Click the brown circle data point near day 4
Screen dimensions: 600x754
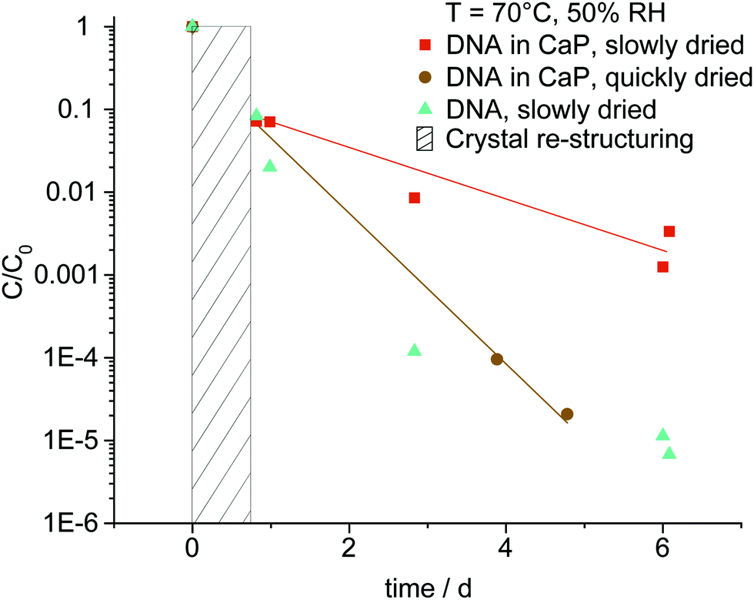[497, 359]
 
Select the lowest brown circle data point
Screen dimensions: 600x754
[567, 414]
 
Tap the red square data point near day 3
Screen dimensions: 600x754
[415, 198]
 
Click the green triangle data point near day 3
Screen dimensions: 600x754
[415, 350]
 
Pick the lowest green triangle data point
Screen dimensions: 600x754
[669, 453]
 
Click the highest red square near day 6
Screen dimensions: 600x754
[669, 231]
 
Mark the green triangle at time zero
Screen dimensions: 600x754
[192, 26]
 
